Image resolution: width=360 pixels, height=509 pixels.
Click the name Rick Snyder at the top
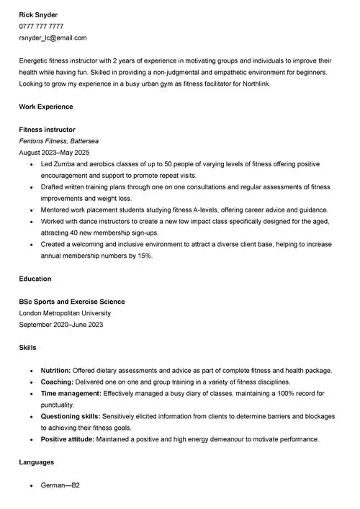click(39, 14)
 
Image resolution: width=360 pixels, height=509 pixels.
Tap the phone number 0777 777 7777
click(41, 26)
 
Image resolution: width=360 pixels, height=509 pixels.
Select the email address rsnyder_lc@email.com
click(53, 37)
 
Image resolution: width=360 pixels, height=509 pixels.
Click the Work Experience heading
click(46, 107)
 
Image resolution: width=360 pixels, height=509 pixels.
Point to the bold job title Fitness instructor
click(47, 130)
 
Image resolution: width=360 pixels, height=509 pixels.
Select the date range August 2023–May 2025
click(54, 153)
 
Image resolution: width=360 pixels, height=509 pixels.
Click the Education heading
click(35, 279)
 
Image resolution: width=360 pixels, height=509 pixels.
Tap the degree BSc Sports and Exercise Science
click(72, 302)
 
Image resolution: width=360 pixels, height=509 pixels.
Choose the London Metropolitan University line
click(65, 313)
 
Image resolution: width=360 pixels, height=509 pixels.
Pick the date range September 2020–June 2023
click(61, 325)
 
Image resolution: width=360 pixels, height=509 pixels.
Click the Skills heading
click(28, 348)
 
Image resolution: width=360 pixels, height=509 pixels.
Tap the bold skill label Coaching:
click(57, 382)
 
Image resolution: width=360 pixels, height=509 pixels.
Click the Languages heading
click(37, 462)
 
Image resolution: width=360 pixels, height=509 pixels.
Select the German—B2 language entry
click(60, 485)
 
